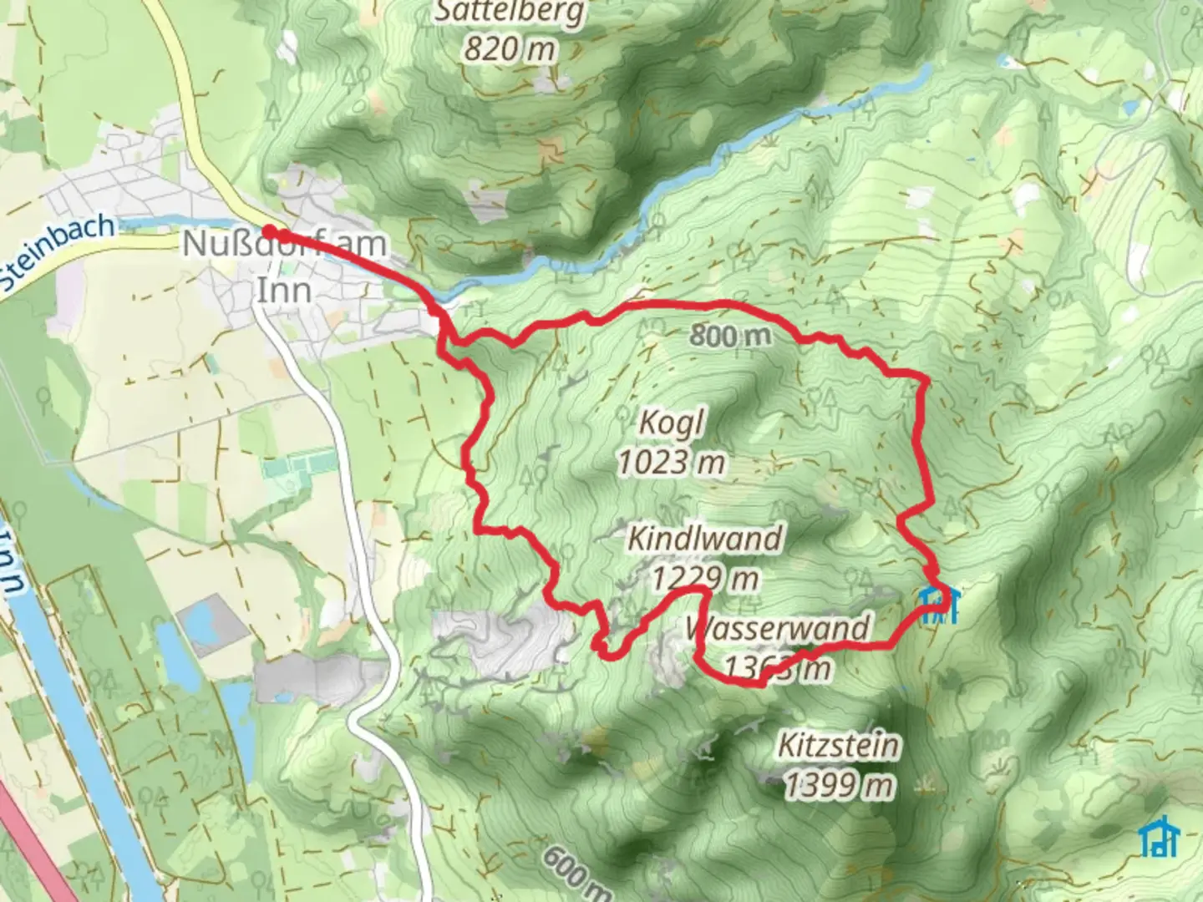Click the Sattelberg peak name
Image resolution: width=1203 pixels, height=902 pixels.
coord(510,13)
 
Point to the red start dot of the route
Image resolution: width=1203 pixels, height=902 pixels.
coord(270,231)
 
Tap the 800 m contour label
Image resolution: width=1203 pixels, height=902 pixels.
coord(729,336)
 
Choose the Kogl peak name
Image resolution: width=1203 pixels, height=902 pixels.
coord(671,423)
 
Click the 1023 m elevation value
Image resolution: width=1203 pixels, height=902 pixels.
coord(671,462)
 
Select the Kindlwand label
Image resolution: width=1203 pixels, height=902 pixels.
coord(705,539)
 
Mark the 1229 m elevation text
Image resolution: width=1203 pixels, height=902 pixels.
coord(705,578)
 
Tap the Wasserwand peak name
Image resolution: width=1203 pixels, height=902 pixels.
coord(777,628)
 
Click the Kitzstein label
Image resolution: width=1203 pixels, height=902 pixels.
coord(839,745)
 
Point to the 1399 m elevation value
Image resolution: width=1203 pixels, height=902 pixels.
coord(839,785)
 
